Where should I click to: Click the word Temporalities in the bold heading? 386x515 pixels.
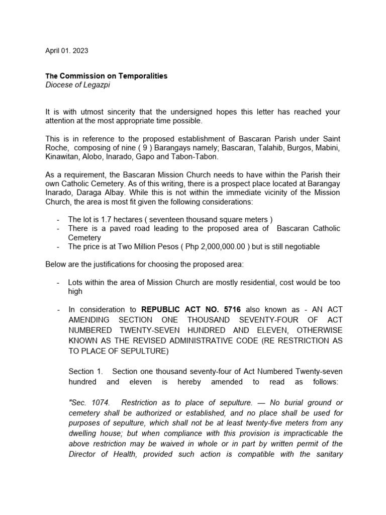[x=143, y=76]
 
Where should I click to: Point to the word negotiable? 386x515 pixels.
[x=300, y=246]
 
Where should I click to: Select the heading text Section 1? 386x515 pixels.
[x=85, y=372]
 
